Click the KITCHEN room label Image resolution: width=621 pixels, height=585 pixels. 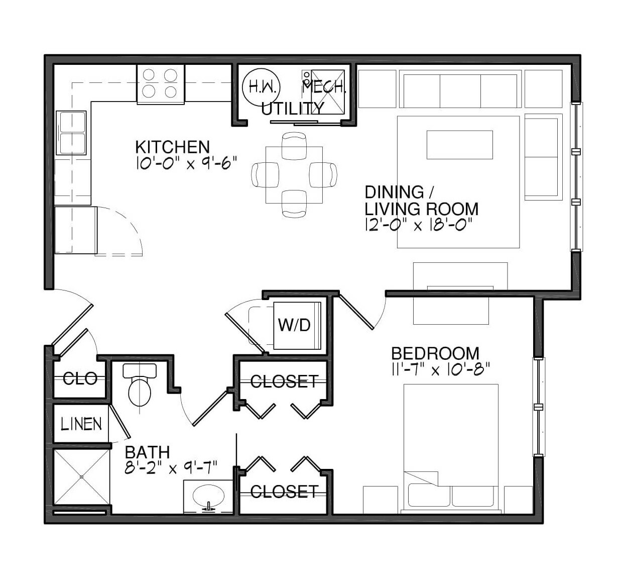tap(172, 147)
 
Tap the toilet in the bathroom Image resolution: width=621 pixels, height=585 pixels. tap(140, 384)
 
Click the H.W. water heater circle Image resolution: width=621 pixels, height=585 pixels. tap(262, 87)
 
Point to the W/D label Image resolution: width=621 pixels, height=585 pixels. tap(294, 325)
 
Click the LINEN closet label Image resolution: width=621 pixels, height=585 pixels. tap(81, 424)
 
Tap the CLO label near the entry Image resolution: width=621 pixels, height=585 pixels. tap(80, 378)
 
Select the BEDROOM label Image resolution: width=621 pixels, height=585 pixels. tap(435, 353)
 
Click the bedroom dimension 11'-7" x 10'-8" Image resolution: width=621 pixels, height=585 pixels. tap(440, 370)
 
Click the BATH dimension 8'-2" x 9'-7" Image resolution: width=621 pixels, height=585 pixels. tap(171, 468)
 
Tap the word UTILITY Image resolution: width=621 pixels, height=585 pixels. tap(292, 109)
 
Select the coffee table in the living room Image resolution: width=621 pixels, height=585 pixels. tap(460, 145)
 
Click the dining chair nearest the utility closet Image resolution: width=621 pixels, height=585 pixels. tap(294, 146)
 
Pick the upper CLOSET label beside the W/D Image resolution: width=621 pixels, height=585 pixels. tap(284, 381)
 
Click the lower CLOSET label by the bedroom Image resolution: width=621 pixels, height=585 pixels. tap(284, 492)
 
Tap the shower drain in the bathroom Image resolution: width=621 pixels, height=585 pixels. tap(82, 476)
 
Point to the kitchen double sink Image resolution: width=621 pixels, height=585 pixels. tap(71, 133)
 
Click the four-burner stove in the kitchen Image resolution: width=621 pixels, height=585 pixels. tap(161, 84)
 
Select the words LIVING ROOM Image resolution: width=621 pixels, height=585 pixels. tap(422, 209)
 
